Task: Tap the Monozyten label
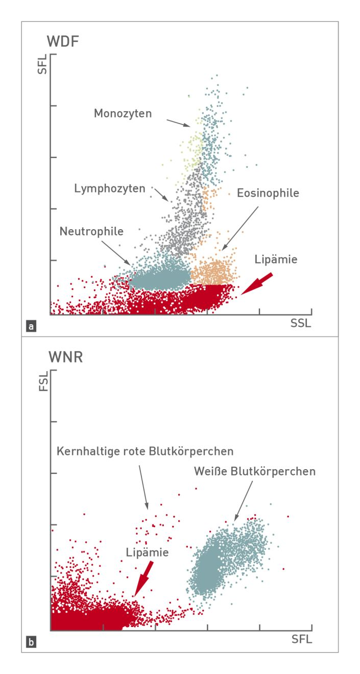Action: coord(123,113)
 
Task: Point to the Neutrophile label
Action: coord(91,231)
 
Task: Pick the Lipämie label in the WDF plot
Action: coord(276,259)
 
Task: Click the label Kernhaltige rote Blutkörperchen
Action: coord(146,451)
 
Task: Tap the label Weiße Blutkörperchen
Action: coord(254,471)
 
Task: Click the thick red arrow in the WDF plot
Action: coord(258,284)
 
